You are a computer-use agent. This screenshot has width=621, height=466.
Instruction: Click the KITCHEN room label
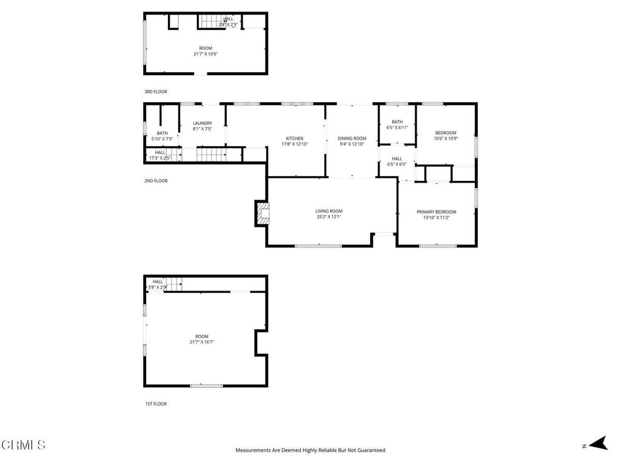click(295, 138)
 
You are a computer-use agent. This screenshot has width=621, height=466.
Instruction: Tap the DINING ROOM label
click(352, 138)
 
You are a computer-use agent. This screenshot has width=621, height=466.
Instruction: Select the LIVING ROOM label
click(329, 211)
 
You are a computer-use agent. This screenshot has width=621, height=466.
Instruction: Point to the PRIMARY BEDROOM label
click(436, 212)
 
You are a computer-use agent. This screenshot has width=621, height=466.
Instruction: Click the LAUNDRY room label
click(203, 123)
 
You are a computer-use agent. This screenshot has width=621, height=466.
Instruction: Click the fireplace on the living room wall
click(263, 214)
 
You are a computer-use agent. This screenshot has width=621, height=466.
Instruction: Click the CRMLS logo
click(23, 445)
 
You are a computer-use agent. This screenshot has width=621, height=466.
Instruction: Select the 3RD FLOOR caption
click(155, 92)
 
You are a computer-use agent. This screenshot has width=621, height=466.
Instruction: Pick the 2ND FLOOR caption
click(155, 181)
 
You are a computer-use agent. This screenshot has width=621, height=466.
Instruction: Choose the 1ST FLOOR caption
click(155, 404)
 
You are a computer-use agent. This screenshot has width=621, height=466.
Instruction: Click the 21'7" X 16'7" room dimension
click(201, 342)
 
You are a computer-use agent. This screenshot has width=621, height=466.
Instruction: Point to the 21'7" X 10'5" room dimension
click(206, 54)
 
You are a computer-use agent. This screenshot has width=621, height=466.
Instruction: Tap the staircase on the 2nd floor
click(211, 154)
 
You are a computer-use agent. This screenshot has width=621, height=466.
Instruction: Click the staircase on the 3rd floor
click(213, 21)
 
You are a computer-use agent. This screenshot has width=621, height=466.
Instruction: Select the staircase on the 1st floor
click(175, 283)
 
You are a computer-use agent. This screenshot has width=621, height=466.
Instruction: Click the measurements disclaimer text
click(310, 450)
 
